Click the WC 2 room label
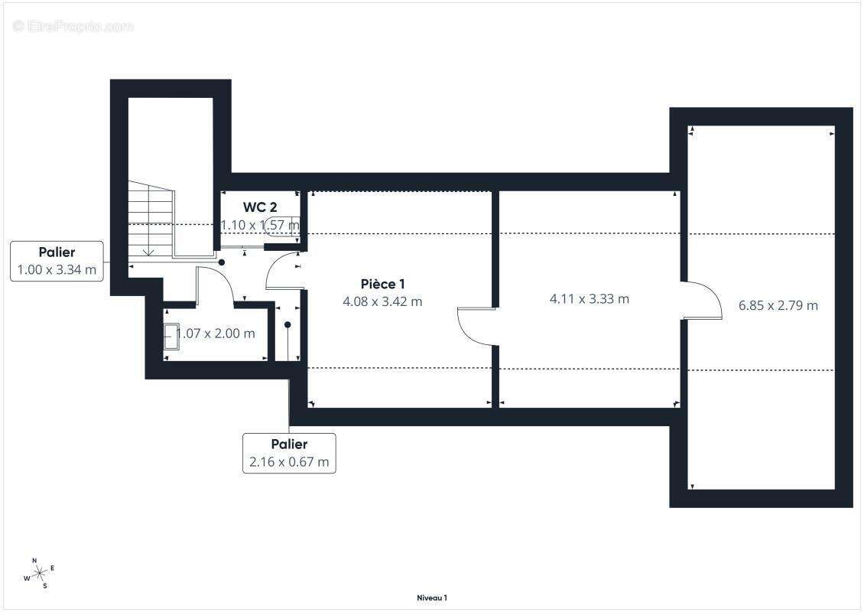[259, 207]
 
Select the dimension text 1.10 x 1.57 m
[260, 225]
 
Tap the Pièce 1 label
[382, 284]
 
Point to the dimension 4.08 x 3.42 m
[382, 301]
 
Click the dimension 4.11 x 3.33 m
[589, 299]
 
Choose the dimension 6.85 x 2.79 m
[778, 305]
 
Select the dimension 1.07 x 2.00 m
[216, 334]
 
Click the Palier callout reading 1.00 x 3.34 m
[57, 261]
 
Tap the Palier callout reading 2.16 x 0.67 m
[289, 453]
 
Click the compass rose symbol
[40, 574]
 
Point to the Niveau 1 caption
[432, 597]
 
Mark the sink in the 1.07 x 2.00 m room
[171, 337]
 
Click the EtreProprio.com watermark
[73, 26]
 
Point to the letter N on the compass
[34, 560]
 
